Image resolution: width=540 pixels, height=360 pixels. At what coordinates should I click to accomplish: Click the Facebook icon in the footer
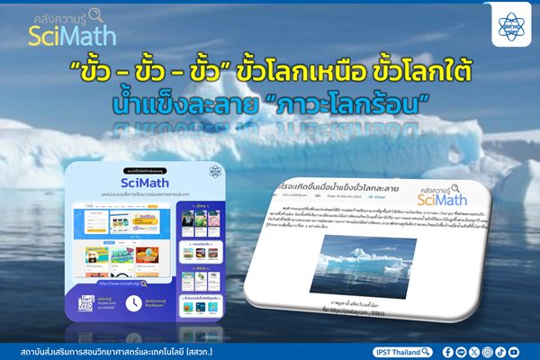[x=449, y=352]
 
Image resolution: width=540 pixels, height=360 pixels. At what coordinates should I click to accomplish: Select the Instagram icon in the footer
[x=487, y=352]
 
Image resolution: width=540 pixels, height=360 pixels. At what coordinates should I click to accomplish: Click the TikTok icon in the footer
[x=499, y=352]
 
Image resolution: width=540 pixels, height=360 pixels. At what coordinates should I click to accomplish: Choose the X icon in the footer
[x=474, y=352]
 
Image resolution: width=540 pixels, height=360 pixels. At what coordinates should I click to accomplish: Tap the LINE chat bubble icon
[x=462, y=352]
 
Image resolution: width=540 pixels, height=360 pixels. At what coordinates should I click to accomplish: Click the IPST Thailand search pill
[x=405, y=352]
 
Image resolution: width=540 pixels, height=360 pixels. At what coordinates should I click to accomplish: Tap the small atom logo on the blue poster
[x=216, y=172]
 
